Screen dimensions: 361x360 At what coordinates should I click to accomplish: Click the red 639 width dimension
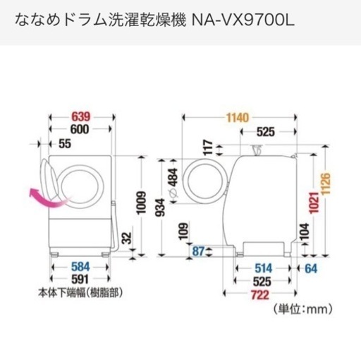coord(80,116)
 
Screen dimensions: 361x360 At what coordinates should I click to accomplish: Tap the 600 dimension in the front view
coord(80,129)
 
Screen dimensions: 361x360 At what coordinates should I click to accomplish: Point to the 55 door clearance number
coord(65,144)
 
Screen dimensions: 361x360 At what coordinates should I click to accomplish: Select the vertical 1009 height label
coord(142,203)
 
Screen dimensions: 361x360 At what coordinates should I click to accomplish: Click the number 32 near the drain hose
coord(127,238)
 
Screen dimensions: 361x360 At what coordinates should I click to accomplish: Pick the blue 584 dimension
coord(80,267)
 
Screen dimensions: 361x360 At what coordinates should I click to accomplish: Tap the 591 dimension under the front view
coord(80,280)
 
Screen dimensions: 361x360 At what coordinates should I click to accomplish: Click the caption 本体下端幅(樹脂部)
coord(80,293)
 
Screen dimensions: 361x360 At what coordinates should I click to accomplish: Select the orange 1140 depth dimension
coord(238,118)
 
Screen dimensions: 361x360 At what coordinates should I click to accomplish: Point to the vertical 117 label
coord(208,148)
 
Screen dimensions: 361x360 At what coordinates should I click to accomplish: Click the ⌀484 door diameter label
coord(173,183)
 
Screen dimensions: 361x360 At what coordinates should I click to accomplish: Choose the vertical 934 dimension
coord(161,207)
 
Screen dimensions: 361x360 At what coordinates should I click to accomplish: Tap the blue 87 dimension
coord(198,251)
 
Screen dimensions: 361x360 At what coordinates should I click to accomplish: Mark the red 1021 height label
coord(314,203)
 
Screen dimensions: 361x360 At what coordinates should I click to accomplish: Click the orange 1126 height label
coord(326,184)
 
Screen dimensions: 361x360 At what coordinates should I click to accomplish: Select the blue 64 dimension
coord(311,268)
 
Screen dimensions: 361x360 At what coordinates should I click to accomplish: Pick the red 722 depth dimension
coord(259,295)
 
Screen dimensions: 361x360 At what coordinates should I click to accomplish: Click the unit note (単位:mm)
coord(303,309)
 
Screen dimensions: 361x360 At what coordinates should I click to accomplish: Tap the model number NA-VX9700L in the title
coord(243,20)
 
